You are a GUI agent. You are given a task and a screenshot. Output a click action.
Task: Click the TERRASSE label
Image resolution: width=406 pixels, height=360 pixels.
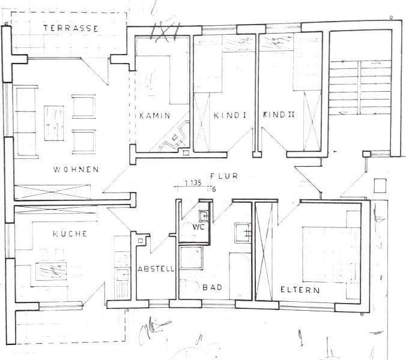tap(71, 28)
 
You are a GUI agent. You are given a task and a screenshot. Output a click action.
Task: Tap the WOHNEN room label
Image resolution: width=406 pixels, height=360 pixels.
tap(76, 169)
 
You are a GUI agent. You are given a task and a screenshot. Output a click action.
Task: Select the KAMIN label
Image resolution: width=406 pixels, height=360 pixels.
tap(155, 115)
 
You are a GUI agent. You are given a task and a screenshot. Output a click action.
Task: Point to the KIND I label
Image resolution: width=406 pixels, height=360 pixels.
tap(230, 115)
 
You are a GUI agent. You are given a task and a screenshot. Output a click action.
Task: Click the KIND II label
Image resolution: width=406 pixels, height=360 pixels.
tap(279, 115)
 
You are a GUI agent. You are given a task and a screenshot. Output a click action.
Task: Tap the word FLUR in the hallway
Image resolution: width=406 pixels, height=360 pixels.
tap(224, 176)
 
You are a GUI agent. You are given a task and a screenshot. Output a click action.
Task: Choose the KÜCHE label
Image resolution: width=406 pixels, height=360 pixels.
tap(70, 233)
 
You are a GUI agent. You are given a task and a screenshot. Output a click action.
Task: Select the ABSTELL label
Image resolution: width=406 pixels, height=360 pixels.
tap(156, 269)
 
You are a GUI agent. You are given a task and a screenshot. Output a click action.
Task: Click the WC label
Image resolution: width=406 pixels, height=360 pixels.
tap(198, 227)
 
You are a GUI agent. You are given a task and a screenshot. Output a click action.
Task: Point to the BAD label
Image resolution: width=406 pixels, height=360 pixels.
tap(213, 287)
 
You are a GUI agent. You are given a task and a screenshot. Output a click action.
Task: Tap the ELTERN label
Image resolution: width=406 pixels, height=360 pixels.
tap(300, 290)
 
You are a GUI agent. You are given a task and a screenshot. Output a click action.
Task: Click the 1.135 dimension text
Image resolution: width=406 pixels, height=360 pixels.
tap(193, 183)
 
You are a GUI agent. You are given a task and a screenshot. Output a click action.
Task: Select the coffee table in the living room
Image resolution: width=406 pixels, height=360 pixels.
tap(54, 123)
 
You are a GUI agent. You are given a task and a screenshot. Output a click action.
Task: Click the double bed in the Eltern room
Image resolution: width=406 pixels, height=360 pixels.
tap(332, 254)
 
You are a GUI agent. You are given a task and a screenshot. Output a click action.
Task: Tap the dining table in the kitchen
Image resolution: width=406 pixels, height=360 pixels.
tap(51, 271)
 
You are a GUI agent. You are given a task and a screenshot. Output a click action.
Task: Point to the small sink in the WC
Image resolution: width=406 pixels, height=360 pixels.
tap(204, 215)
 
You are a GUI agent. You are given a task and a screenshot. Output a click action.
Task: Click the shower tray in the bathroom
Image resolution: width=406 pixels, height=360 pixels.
tap(191, 258)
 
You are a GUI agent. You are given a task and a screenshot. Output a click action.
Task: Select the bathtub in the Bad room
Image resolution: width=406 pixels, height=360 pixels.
tap(240, 276)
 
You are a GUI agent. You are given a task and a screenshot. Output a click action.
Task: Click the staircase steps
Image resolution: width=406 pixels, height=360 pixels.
tap(360, 88)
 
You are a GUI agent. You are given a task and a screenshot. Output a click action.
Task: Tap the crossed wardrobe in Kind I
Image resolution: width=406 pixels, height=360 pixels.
tap(202, 122)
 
